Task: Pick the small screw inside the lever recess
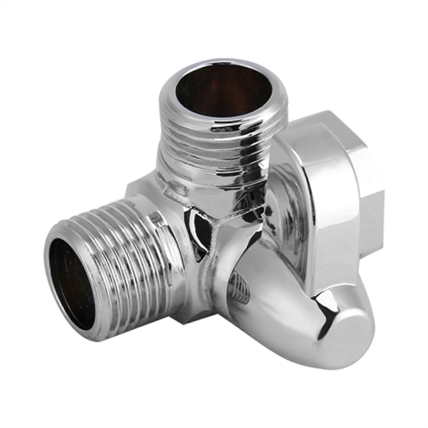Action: tap(241, 285)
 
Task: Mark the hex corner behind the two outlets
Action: tap(134, 185)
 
